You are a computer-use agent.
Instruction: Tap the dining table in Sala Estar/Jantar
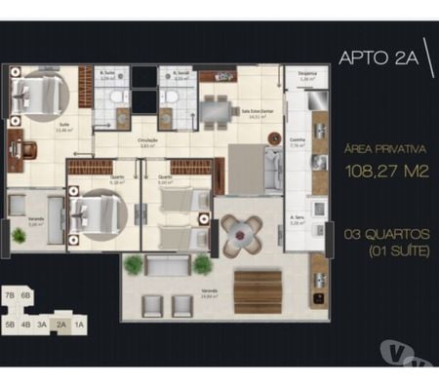(217, 109)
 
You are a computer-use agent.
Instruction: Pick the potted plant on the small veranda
(19, 235)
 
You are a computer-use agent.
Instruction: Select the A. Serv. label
(298, 218)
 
